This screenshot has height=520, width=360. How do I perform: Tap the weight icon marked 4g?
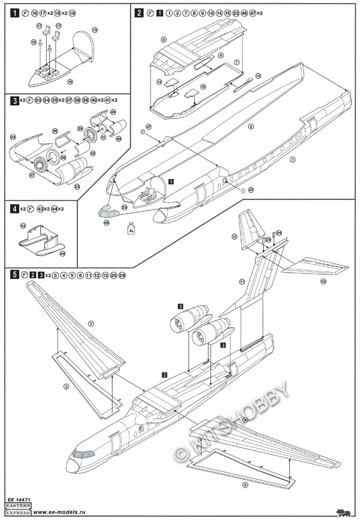(131, 228)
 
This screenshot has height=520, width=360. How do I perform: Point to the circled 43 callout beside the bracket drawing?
(23, 226)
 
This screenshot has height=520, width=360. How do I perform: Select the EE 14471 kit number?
(17, 500)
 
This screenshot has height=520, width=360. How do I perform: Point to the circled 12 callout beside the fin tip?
(234, 237)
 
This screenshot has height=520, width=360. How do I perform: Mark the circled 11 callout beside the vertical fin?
(242, 281)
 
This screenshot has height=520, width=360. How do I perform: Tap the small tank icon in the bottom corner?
(344, 512)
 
